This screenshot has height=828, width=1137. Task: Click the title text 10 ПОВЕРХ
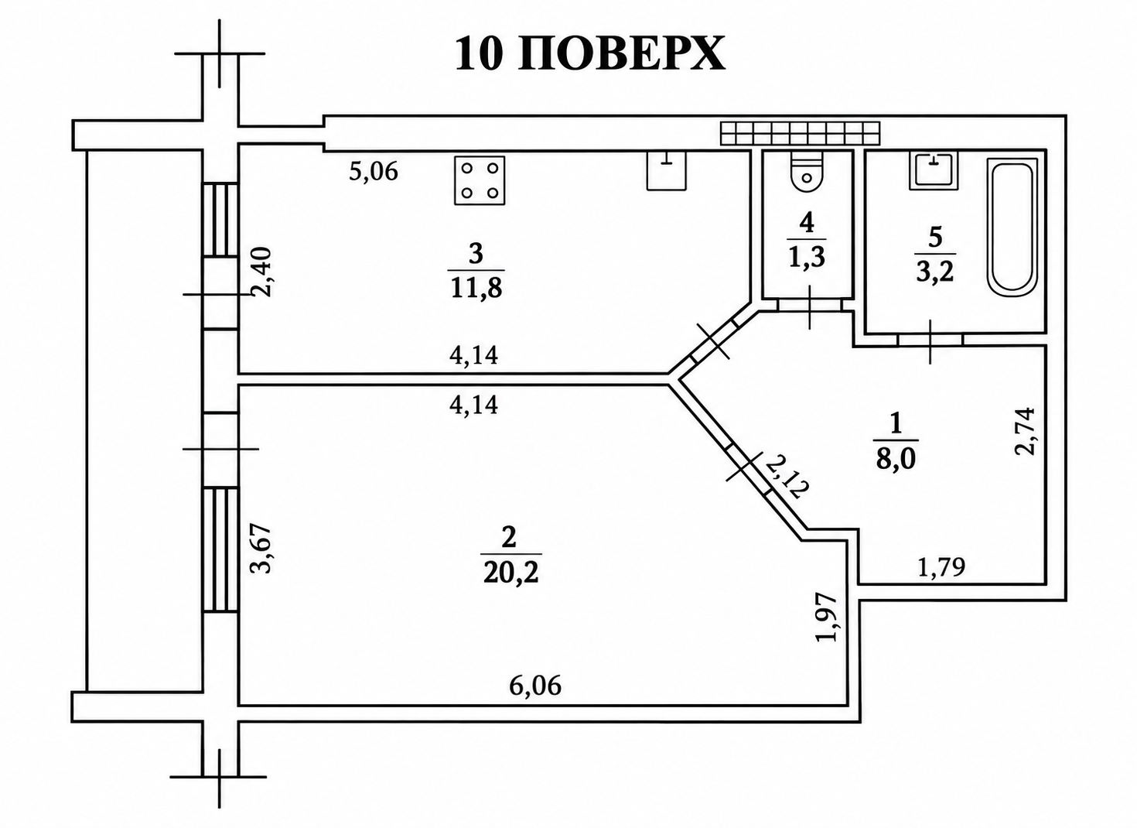tap(590, 54)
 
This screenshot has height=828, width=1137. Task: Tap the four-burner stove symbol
tap(480, 180)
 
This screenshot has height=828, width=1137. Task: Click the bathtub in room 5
tap(1012, 227)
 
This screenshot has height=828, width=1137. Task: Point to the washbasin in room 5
tap(934, 170)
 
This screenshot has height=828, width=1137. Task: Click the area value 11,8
tap(476, 288)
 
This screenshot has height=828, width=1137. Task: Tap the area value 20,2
tap(510, 572)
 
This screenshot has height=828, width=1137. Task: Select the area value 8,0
tap(896, 460)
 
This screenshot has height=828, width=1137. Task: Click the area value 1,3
tap(807, 257)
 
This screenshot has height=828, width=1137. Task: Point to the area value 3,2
tap(935, 272)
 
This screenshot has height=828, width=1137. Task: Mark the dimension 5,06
tap(374, 172)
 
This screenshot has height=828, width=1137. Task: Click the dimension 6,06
tap(535, 686)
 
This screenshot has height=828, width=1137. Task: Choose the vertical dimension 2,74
tap(1024, 431)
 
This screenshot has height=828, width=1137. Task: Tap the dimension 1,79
tap(941, 567)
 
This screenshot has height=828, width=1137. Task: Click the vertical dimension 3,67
tap(263, 549)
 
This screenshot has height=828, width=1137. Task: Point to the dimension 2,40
tap(263, 272)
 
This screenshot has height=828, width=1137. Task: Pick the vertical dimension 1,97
tap(825, 618)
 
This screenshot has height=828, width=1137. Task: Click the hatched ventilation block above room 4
tap(800, 134)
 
